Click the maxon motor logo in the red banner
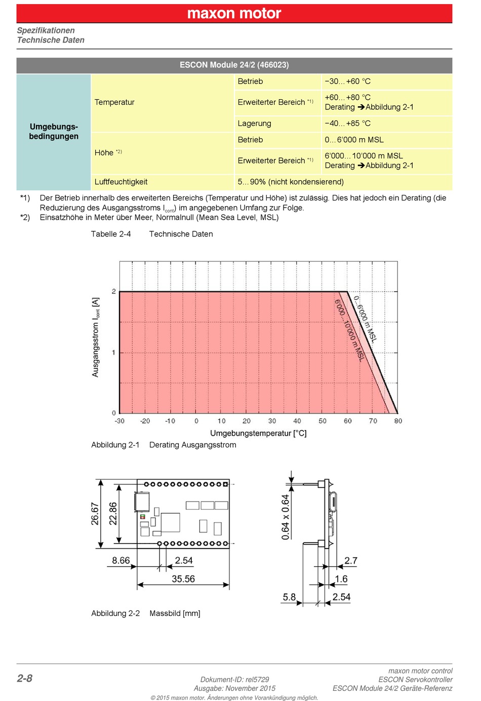234,14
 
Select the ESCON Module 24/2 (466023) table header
234,65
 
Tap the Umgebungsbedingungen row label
54,132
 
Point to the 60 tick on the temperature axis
348,421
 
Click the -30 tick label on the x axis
119,421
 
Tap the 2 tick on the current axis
114,292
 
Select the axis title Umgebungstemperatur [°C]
258,433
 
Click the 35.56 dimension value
183,579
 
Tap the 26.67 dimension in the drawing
95,514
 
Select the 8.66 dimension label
121,560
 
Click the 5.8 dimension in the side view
289,597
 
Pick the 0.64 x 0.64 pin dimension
285,517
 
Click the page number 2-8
25,678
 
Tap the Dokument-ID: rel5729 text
234,679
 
